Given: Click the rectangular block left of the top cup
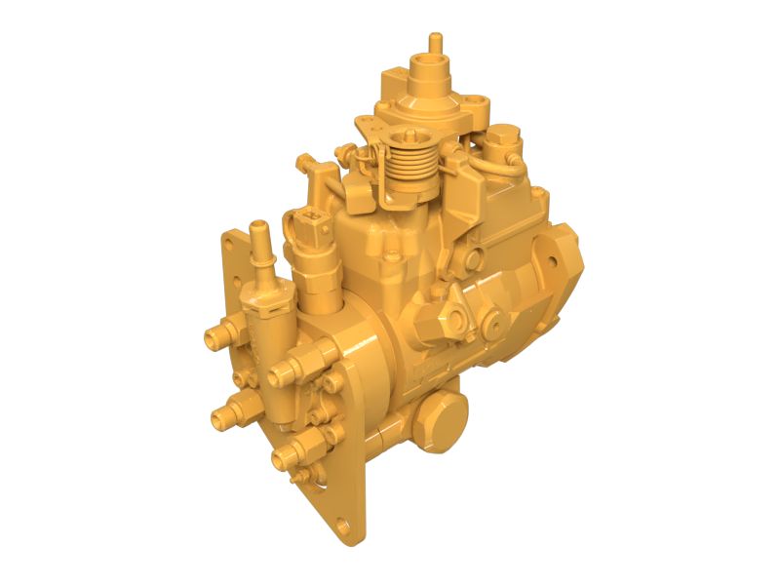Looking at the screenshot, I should coord(393,77).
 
